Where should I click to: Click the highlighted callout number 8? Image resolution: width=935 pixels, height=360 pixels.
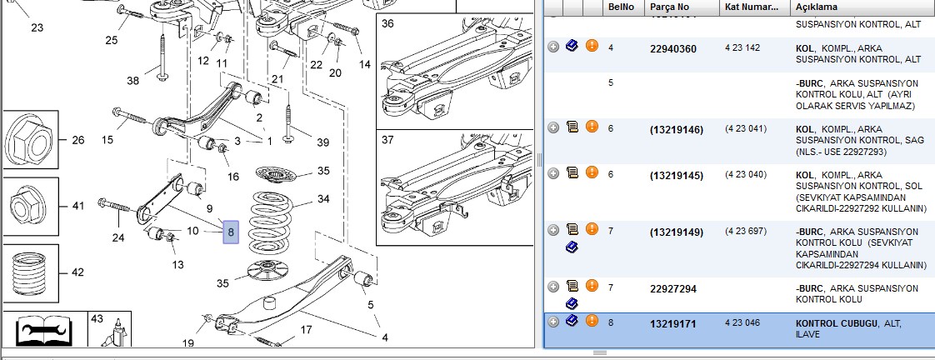(231, 232)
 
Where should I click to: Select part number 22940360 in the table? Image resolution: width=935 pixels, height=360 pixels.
(673, 49)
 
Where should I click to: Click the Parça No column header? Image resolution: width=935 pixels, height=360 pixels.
(670, 7)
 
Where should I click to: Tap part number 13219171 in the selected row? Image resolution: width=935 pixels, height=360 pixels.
(672, 324)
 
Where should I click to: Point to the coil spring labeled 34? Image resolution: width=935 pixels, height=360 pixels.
(270, 217)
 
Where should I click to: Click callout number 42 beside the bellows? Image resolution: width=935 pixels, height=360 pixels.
(77, 272)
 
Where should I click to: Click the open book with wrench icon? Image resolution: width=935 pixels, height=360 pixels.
(43, 331)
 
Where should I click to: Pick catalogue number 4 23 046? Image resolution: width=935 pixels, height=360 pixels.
(742, 323)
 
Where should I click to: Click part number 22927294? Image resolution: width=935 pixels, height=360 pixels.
(673, 289)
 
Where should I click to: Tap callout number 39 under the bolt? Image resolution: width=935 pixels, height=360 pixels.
(322, 142)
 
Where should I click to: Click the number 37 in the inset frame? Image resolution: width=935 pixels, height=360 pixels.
(387, 139)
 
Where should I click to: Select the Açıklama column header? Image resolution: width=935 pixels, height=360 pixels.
(817, 7)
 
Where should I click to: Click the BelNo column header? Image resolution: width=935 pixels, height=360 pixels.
(622, 7)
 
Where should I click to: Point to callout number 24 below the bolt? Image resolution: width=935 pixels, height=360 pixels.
(118, 237)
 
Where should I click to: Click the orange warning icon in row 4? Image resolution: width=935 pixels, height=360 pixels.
(592, 45)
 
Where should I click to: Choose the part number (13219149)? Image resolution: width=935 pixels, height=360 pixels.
(677, 232)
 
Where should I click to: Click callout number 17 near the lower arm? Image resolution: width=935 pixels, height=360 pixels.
(306, 329)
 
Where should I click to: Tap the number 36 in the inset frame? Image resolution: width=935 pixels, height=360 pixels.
(387, 24)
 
